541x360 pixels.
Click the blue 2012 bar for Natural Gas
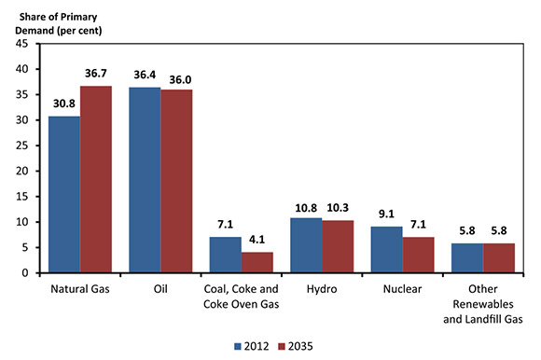64,194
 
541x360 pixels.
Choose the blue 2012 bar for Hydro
305,245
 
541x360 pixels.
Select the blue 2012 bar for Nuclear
385,249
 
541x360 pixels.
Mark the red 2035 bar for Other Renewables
497,257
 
